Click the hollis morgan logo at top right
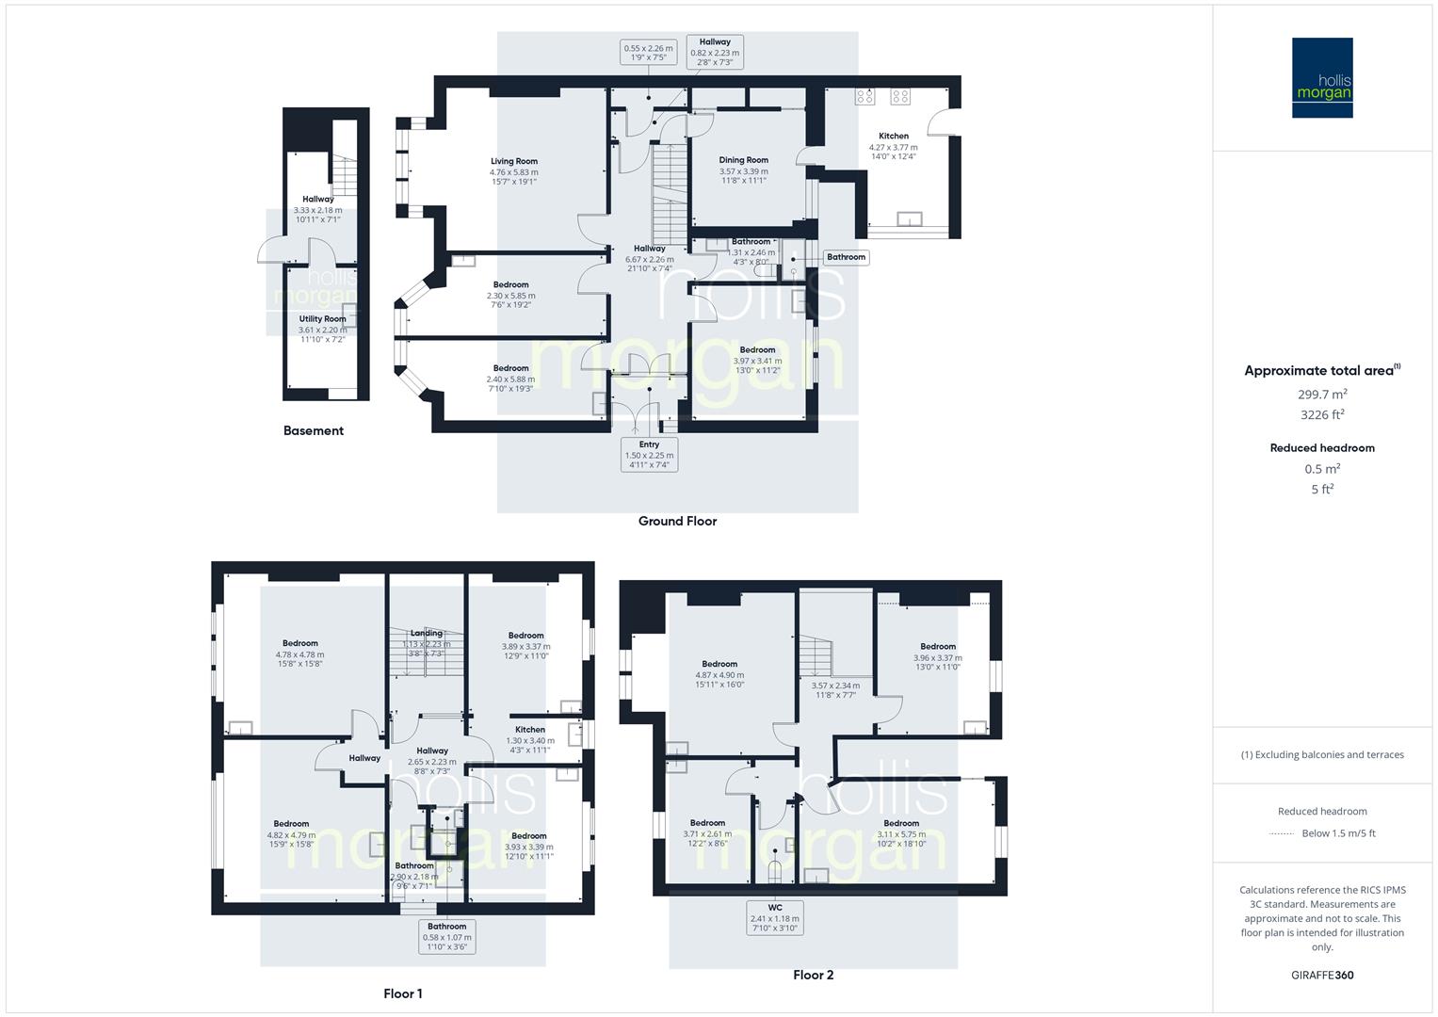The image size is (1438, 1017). [1321, 77]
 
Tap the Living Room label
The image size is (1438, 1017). [513, 161]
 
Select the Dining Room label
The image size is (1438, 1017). [743, 160]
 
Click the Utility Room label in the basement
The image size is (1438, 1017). [322, 319]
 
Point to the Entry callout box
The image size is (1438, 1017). [649, 455]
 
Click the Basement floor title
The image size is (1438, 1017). [314, 430]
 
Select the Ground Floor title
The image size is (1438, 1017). [677, 521]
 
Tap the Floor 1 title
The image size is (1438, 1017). [402, 993]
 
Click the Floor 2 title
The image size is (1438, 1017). [813, 975]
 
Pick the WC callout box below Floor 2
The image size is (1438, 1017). [774, 918]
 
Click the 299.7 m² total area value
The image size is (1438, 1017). [1322, 395]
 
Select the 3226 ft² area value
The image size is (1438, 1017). [1322, 414]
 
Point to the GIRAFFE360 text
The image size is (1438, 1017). [1322, 975]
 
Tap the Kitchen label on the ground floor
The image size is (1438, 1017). [893, 136]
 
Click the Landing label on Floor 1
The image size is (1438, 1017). [426, 633]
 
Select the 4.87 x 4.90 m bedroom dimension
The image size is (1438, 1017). [719, 674]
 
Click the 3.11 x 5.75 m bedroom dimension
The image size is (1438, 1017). [901, 833]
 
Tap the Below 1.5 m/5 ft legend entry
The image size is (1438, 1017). [1337, 832]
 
